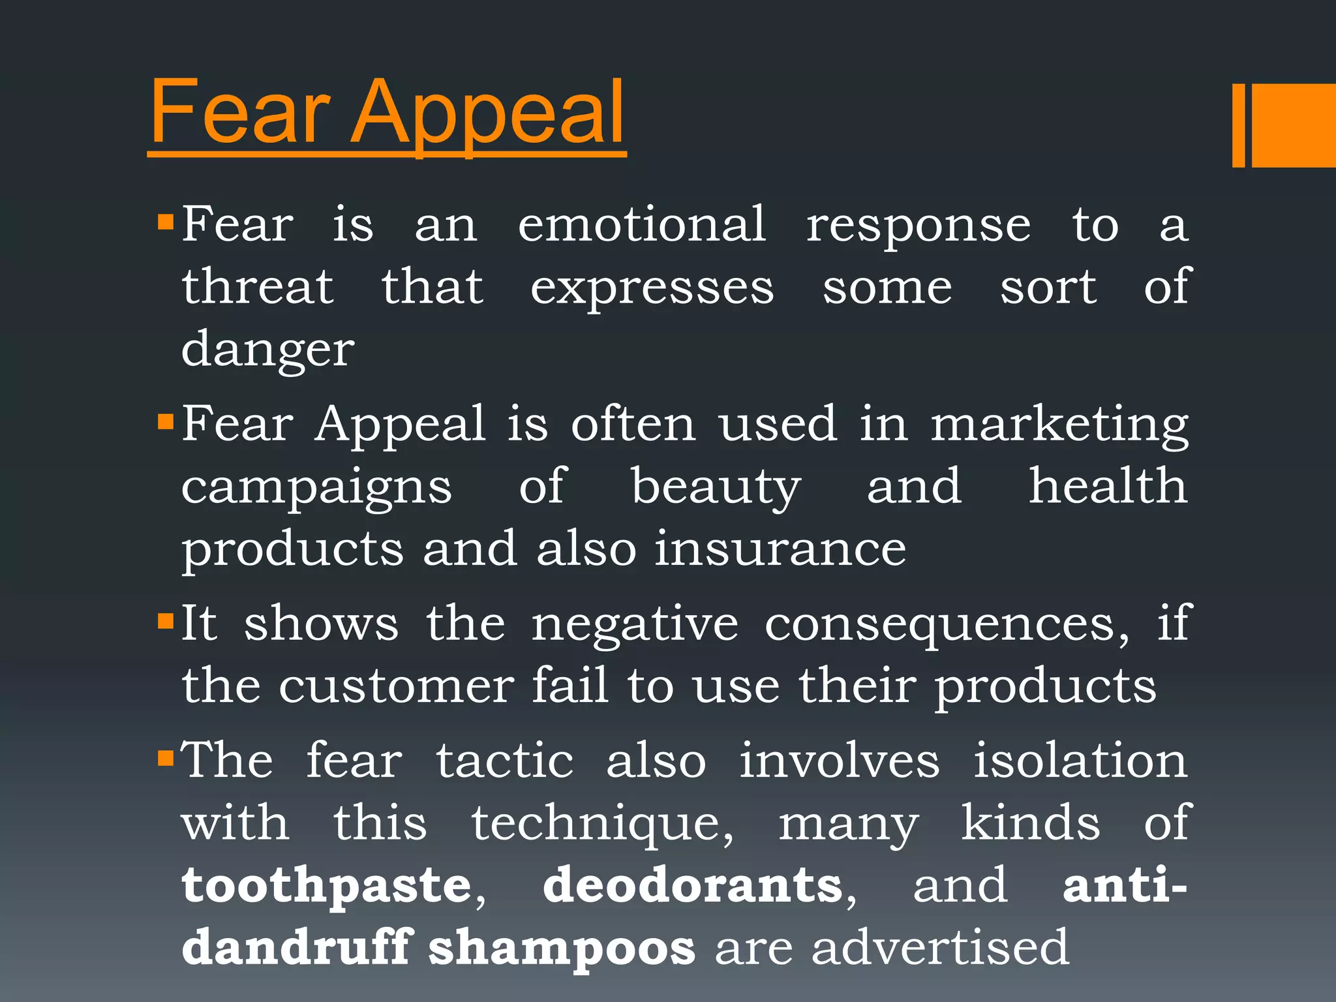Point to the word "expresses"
point(652,289)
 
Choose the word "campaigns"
point(316,489)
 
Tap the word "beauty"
point(716,488)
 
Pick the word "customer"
point(397,686)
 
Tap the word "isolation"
point(1080,761)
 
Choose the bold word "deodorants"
point(693,886)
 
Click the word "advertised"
point(940,947)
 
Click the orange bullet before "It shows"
point(166,618)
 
